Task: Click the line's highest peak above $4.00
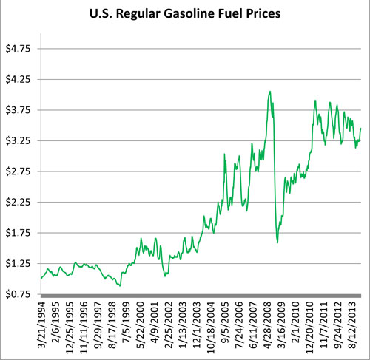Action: coord(270,92)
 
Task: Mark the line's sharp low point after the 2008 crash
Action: coord(277,242)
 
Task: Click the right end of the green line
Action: coord(360,129)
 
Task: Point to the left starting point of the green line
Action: coord(41,278)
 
